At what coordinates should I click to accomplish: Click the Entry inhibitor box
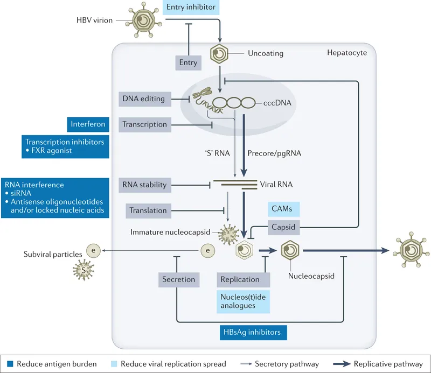coord(191,8)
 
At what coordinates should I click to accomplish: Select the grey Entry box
coord(188,62)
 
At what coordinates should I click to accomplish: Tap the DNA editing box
coord(144,98)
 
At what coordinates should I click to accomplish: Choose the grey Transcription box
coord(144,124)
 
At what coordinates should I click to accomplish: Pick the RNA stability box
coord(144,185)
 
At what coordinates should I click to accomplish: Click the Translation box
coord(148,210)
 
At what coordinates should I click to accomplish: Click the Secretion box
coord(178,279)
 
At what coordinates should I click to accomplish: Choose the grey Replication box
coord(240,279)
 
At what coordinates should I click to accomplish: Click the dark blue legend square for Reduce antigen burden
coord(9,363)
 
